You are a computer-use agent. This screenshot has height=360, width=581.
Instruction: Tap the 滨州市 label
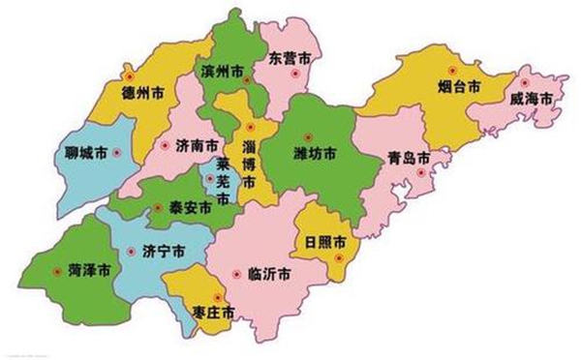point(226,74)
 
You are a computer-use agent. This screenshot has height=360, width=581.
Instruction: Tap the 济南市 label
point(198,145)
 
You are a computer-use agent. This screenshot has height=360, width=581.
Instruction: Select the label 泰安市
point(189,206)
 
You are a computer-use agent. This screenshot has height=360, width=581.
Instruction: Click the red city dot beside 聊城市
point(115,153)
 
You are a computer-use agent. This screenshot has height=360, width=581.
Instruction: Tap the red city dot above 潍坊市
point(309,135)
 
